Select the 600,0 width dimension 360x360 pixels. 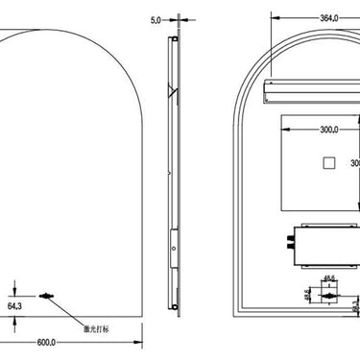point(46,341)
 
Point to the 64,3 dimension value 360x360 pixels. point(15,305)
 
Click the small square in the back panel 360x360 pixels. point(327,163)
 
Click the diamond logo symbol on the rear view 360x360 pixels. point(327,297)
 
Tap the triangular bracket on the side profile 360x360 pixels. point(171,92)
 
